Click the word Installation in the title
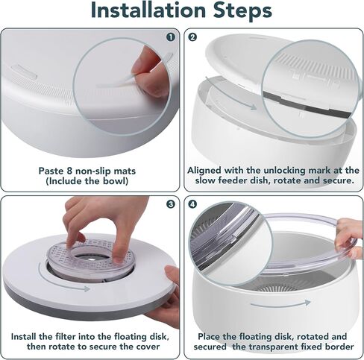(148, 10)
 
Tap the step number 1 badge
(171, 37)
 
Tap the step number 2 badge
(192, 37)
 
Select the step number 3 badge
(171, 204)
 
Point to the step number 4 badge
(192, 204)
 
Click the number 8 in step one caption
(69, 171)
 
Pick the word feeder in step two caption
(233, 180)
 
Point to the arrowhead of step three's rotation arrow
(87, 288)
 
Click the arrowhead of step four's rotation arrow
(307, 303)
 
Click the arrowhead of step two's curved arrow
(253, 107)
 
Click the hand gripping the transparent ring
(348, 239)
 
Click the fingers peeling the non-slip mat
(149, 72)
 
